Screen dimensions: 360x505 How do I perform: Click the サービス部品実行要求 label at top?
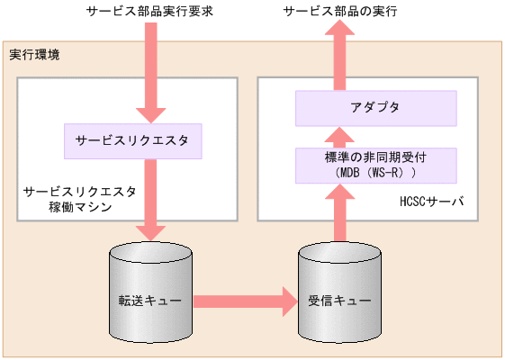click(x=148, y=13)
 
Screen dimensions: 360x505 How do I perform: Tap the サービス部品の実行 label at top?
click(x=340, y=13)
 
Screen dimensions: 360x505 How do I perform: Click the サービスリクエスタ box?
click(x=131, y=140)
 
